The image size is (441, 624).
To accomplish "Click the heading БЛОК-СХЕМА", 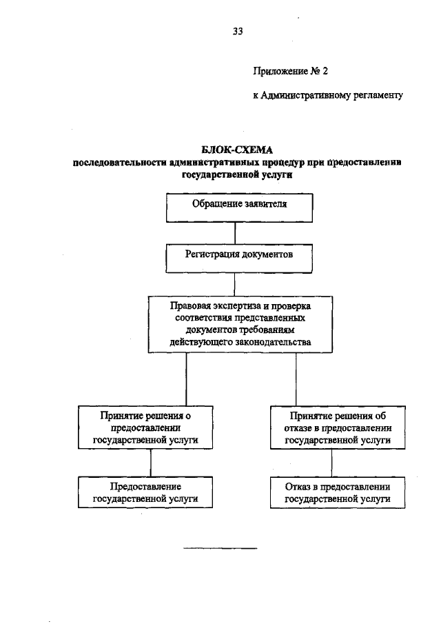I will [x=237, y=150].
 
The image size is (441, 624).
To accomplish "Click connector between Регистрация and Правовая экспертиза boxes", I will [x=236, y=284].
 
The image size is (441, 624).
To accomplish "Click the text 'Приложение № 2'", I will [x=285, y=70].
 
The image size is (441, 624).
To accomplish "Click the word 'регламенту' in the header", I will [x=378, y=96].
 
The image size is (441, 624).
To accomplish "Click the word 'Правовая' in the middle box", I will [x=191, y=305].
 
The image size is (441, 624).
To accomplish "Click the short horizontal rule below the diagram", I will [x=219, y=549].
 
